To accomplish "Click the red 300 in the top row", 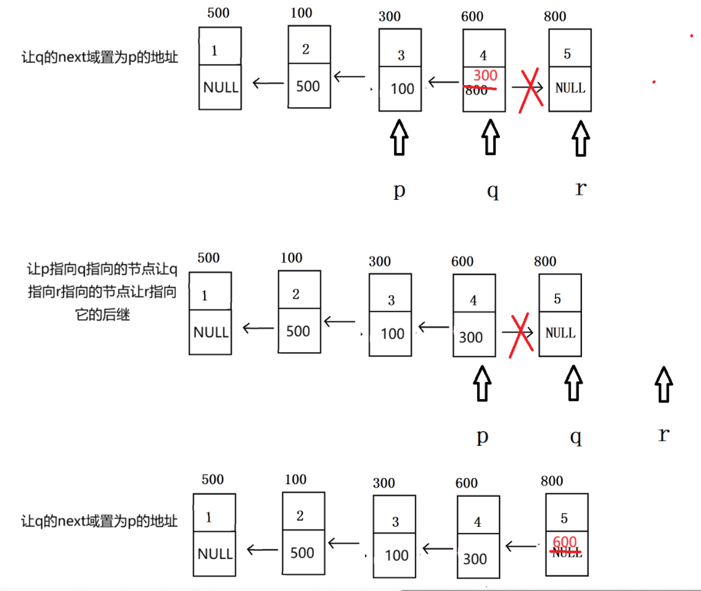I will [485, 76].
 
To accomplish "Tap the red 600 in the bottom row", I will [565, 542].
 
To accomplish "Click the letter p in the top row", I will [400, 190].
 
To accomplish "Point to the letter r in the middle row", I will [663, 434].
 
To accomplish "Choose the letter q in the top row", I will [492, 191].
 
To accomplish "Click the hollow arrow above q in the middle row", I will [574, 383].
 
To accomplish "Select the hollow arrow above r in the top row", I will [580, 138].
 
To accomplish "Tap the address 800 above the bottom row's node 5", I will [552, 481].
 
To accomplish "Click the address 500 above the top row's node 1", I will [218, 13].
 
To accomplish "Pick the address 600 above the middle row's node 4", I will [462, 262].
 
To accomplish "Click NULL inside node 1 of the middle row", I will [211, 333].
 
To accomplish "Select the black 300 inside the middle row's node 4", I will [471, 337].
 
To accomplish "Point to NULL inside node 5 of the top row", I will [570, 88].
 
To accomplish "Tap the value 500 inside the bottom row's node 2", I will [302, 553].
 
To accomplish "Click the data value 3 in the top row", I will [401, 56].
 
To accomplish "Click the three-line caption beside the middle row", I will [102, 292].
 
